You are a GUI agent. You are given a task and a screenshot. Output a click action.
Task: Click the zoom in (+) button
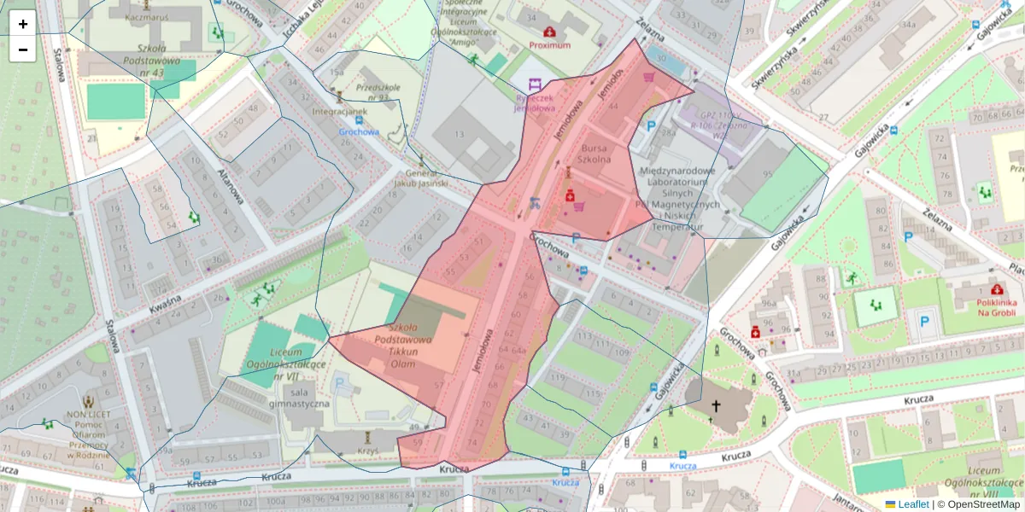coord(23,24)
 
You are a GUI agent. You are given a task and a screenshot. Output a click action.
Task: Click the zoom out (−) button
coord(23,49)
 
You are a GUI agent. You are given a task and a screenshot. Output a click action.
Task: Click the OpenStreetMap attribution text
coord(983,504)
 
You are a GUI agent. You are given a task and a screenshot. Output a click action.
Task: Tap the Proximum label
coord(549,45)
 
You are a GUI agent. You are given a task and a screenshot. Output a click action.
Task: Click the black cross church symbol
coord(716,407)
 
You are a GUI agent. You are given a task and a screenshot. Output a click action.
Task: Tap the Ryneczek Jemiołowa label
coord(535,103)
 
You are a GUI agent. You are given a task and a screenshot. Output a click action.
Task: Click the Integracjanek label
coord(339,111)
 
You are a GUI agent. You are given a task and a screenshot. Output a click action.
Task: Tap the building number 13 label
coord(459,134)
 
